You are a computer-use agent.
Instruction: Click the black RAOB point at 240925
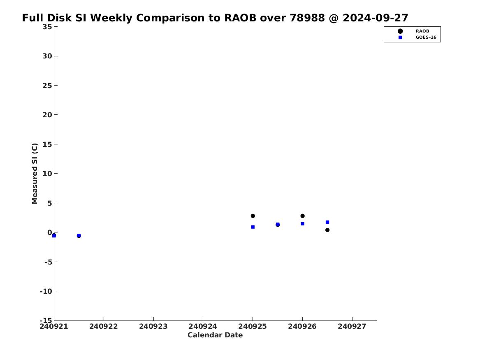pyautogui.click(x=253, y=216)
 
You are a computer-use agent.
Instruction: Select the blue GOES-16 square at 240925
pyautogui.click(x=253, y=227)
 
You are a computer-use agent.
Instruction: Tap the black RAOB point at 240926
pyautogui.click(x=302, y=216)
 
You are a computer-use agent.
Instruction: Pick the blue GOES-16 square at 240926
pyautogui.click(x=302, y=223)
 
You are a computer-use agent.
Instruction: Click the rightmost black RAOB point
pyautogui.click(x=327, y=230)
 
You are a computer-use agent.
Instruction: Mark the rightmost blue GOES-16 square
pyautogui.click(x=327, y=222)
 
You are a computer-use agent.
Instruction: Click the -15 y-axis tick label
pyautogui.click(x=46, y=320)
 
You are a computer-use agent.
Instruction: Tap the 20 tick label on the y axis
pyautogui.click(x=47, y=114)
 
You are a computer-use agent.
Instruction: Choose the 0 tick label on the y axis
pyautogui.click(x=50, y=232)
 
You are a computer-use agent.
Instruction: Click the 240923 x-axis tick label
pyautogui.click(x=153, y=326)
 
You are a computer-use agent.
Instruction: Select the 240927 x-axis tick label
pyautogui.click(x=352, y=326)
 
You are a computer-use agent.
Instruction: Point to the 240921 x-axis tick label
pyautogui.click(x=54, y=326)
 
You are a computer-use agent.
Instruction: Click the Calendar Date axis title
pyautogui.click(x=215, y=335)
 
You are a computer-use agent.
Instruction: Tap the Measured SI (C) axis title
pyautogui.click(x=35, y=173)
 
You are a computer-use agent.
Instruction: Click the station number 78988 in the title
pyautogui.click(x=307, y=18)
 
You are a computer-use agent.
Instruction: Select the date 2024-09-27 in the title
pyautogui.click(x=375, y=18)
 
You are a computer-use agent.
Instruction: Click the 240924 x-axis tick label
pyautogui.click(x=203, y=326)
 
